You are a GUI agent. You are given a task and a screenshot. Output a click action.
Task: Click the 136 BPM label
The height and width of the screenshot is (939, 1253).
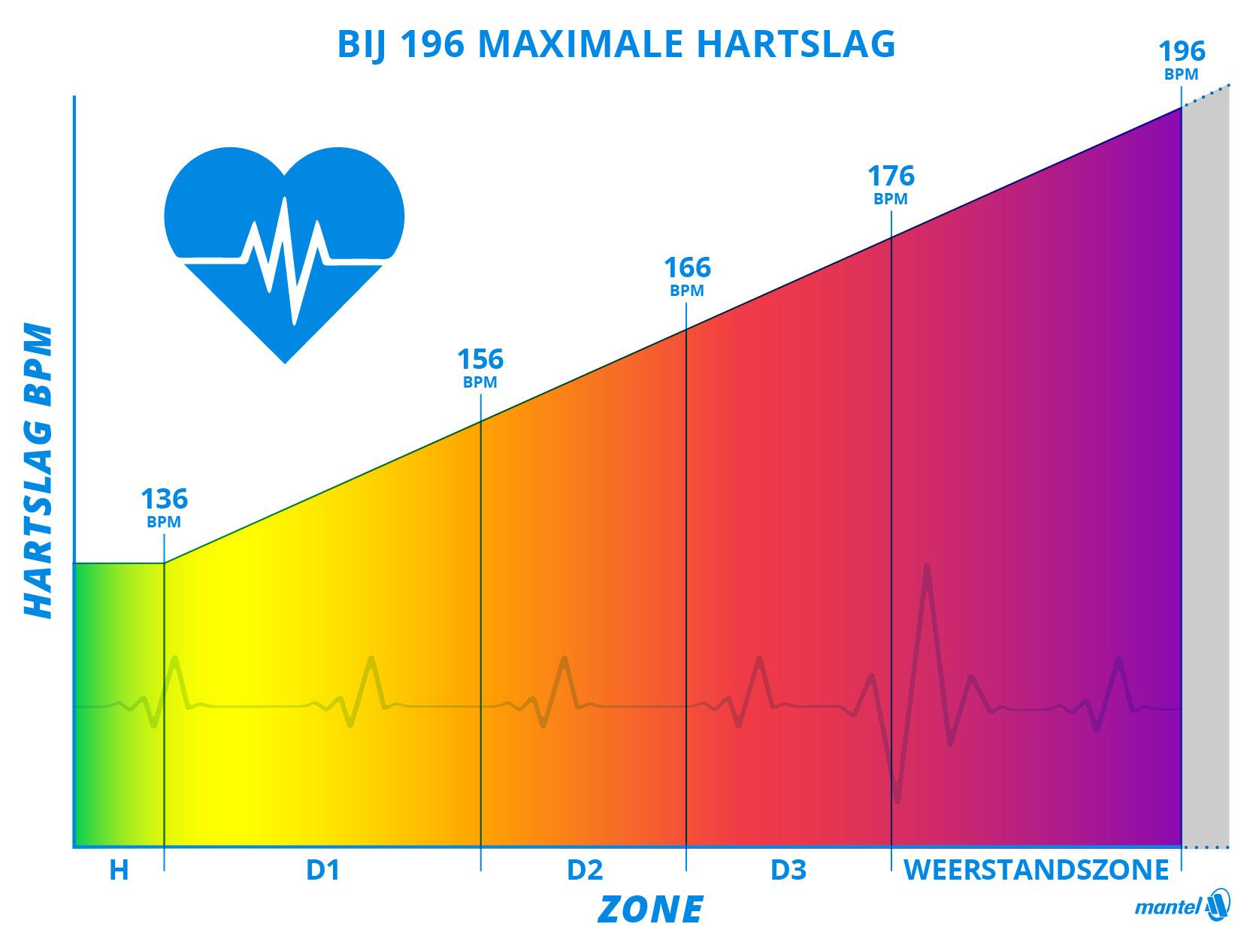[x=164, y=507]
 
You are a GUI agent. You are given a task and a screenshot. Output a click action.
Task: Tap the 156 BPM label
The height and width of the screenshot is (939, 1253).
[x=480, y=367]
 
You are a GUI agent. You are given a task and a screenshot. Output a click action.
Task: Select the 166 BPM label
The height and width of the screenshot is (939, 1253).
[x=687, y=276]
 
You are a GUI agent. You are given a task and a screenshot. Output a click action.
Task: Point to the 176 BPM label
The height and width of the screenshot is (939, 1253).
[x=891, y=184]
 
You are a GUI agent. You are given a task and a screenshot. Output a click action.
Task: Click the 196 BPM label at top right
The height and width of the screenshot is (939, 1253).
[x=1181, y=59]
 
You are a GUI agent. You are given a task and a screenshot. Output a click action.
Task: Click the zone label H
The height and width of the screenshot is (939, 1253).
[x=119, y=870]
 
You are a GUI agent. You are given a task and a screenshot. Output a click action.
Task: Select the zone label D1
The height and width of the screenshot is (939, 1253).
[x=322, y=870]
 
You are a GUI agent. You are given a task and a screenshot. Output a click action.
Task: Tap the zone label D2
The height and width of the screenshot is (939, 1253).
[x=584, y=870]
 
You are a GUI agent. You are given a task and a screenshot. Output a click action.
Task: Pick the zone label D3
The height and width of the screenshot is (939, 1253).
[x=788, y=870]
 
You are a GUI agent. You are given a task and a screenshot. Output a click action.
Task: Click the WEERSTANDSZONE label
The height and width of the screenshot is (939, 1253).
[x=1036, y=870]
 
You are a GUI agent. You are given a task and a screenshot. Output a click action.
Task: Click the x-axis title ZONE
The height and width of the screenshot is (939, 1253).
[x=650, y=910]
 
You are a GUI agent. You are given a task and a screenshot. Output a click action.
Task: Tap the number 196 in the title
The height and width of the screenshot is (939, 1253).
[x=433, y=44]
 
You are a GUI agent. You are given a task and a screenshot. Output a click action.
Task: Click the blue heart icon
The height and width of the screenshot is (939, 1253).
[x=284, y=248]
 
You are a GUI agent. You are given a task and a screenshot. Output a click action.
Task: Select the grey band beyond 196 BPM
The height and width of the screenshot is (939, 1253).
[x=1206, y=481]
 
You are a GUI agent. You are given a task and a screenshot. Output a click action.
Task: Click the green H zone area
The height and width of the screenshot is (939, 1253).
[x=117, y=706]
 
